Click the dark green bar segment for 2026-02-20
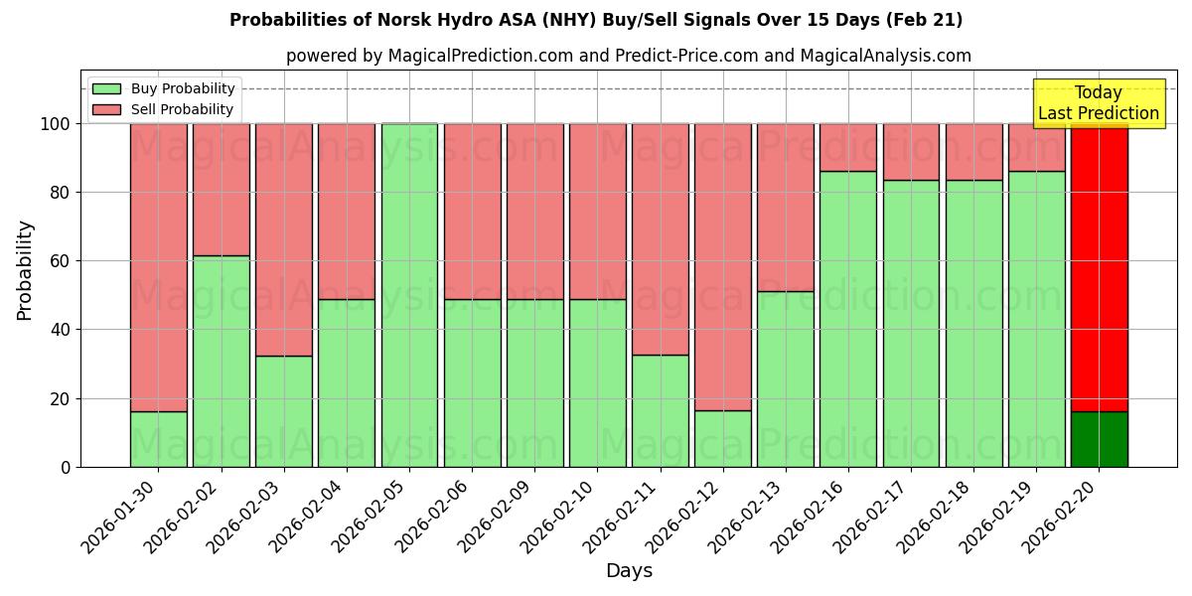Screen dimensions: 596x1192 1099,439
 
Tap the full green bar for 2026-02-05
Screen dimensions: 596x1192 409,295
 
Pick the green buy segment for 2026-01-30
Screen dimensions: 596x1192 158,439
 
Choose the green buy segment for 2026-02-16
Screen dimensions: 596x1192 848,319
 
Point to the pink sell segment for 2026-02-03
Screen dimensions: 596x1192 284,239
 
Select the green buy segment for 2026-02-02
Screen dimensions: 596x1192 221,362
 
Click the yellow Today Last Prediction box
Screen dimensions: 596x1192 1099,103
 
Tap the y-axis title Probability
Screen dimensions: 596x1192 25,270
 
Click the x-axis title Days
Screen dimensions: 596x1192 629,571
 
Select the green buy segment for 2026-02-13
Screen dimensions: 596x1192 786,378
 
